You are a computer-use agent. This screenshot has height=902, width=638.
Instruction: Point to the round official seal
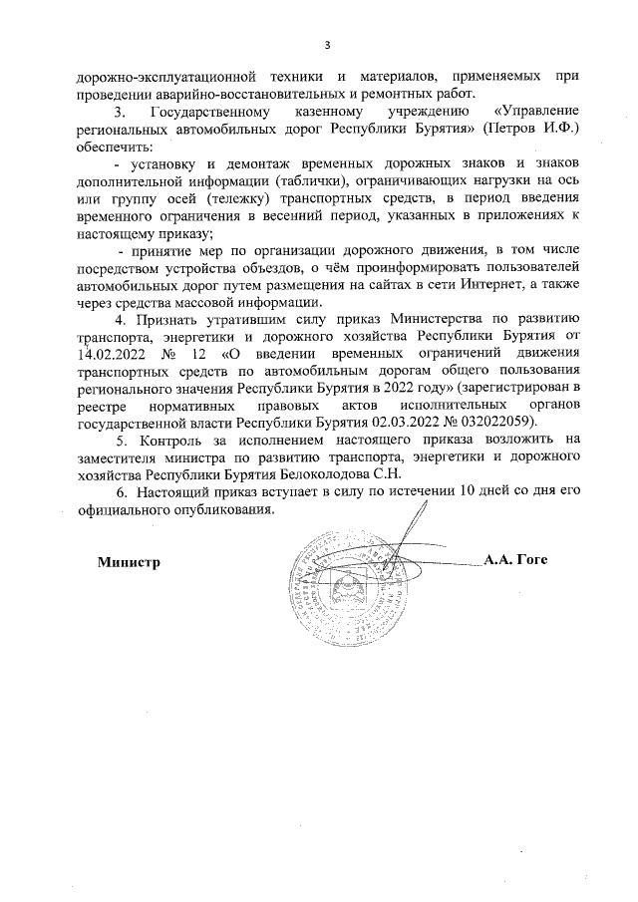point(348,589)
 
